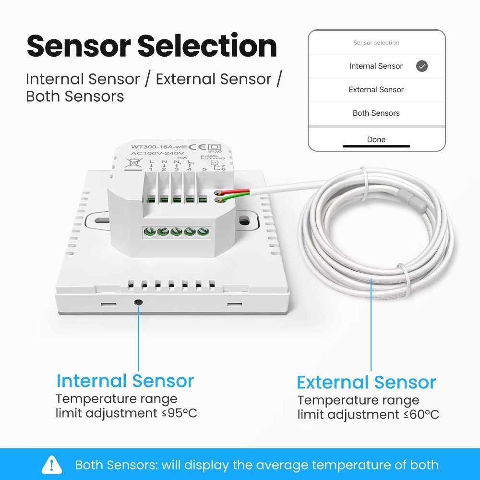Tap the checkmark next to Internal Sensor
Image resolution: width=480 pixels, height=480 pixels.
tap(422, 66)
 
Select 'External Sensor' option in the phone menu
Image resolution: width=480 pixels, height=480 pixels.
tap(376, 90)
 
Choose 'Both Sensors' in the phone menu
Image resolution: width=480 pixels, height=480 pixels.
tap(376, 113)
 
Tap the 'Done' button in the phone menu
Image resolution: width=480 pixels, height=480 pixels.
tap(376, 139)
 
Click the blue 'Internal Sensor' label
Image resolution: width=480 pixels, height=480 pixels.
tap(125, 381)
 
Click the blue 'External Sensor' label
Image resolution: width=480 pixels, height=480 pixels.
tap(366, 383)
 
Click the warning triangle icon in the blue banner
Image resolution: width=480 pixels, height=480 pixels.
tap(52, 465)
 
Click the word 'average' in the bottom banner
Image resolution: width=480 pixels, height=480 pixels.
tap(283, 465)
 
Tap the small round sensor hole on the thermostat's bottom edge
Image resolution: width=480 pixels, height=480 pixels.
tap(139, 303)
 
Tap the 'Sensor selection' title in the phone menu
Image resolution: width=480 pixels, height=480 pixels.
tap(376, 43)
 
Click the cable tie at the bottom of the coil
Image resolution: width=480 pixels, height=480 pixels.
tap(406, 281)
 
